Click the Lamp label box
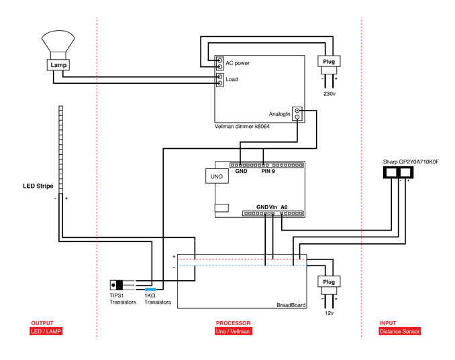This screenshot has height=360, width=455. point(58,65)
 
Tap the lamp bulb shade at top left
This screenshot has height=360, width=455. point(58,41)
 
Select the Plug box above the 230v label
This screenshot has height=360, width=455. point(329,62)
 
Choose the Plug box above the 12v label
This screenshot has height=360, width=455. point(329,282)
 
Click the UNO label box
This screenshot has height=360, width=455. point(217,176)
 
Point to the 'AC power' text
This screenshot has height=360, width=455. point(238,63)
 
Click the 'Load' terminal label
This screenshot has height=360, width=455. point(232,79)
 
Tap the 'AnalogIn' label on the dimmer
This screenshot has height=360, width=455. point(279,114)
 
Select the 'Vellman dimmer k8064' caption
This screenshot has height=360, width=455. point(242,127)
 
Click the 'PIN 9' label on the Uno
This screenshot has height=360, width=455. point(268,171)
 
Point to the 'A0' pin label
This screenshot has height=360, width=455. point(284,207)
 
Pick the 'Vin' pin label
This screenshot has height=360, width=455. point(272,207)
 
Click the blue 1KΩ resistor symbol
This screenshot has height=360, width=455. point(150,289)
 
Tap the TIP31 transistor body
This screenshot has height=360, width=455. point(117,285)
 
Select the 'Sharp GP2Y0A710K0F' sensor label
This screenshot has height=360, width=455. point(411,162)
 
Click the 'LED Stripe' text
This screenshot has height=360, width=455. point(38,186)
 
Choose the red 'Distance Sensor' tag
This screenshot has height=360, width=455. point(399,331)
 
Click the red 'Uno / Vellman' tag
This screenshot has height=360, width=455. point(234,331)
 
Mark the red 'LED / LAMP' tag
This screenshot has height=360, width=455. point(46,331)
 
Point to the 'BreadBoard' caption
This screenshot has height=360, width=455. point(291,305)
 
